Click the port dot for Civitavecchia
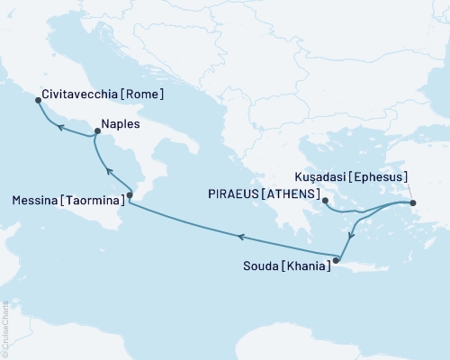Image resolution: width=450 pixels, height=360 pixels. point(37,101)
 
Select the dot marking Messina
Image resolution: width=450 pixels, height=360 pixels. point(130,194)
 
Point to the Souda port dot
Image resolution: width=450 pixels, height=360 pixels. point(336,261)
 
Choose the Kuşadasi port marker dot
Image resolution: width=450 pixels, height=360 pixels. point(413,202)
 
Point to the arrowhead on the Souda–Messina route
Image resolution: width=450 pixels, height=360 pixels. point(240,236)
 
